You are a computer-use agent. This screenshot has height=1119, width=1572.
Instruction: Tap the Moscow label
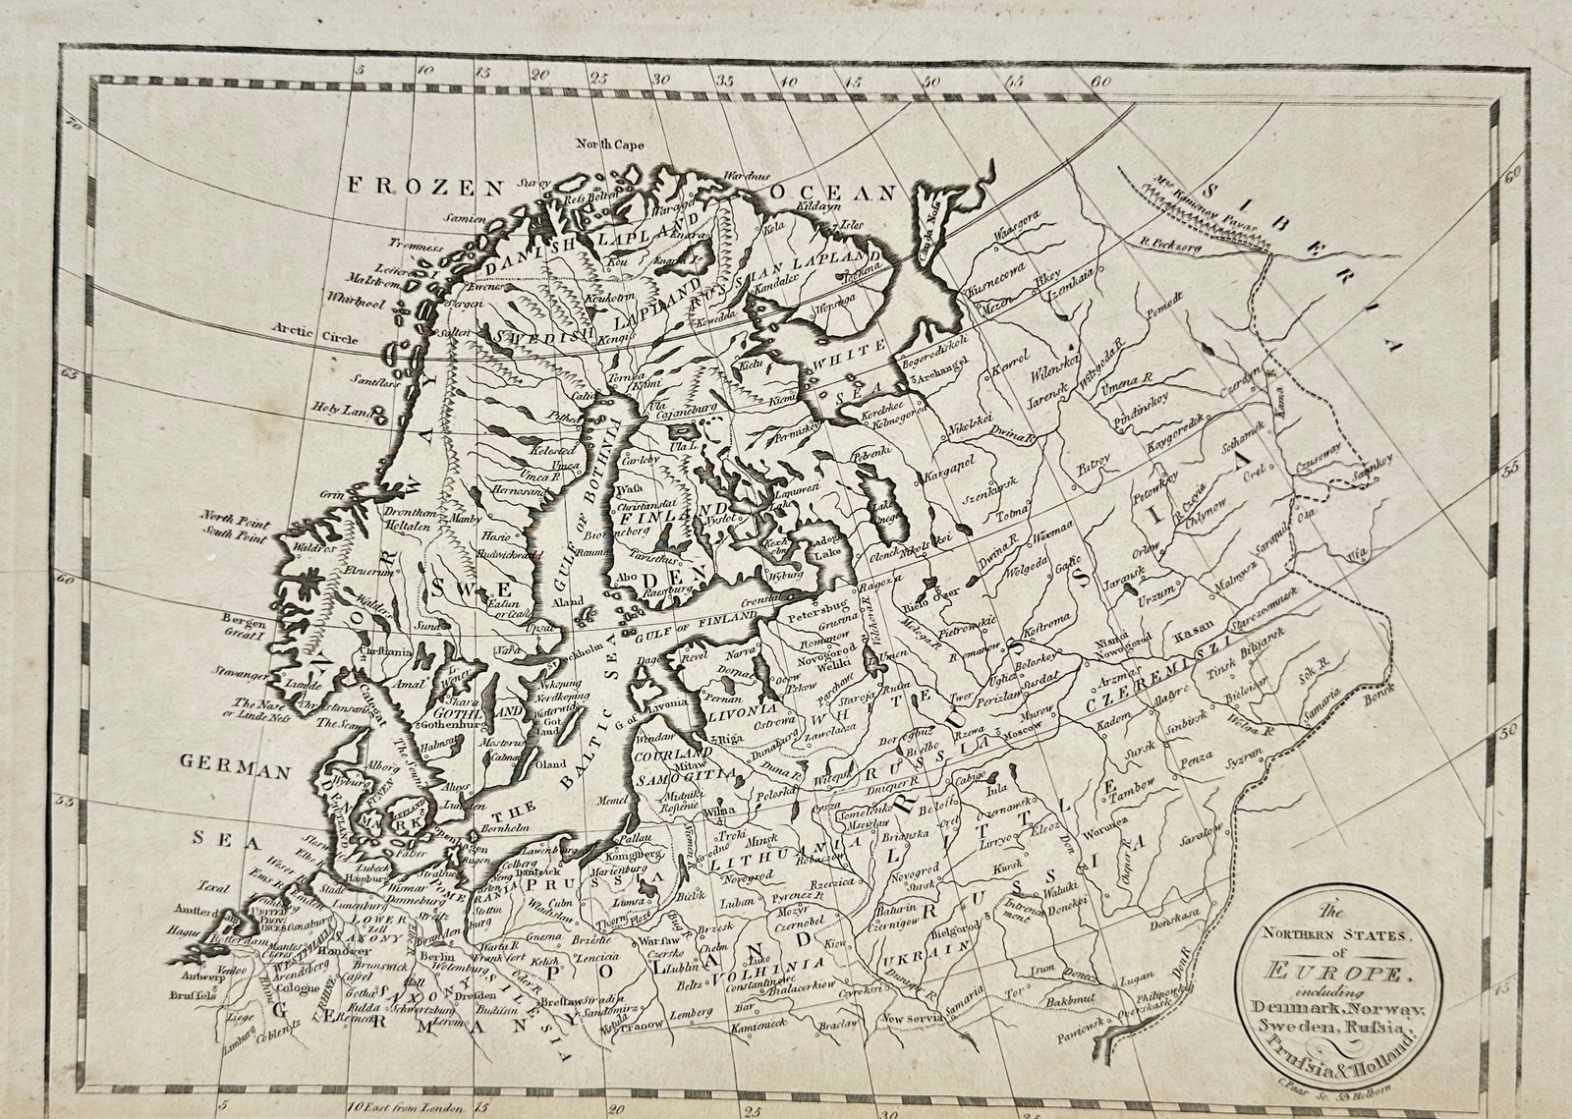[1019, 732]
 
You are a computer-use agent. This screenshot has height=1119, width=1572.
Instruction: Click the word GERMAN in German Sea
[236, 771]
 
